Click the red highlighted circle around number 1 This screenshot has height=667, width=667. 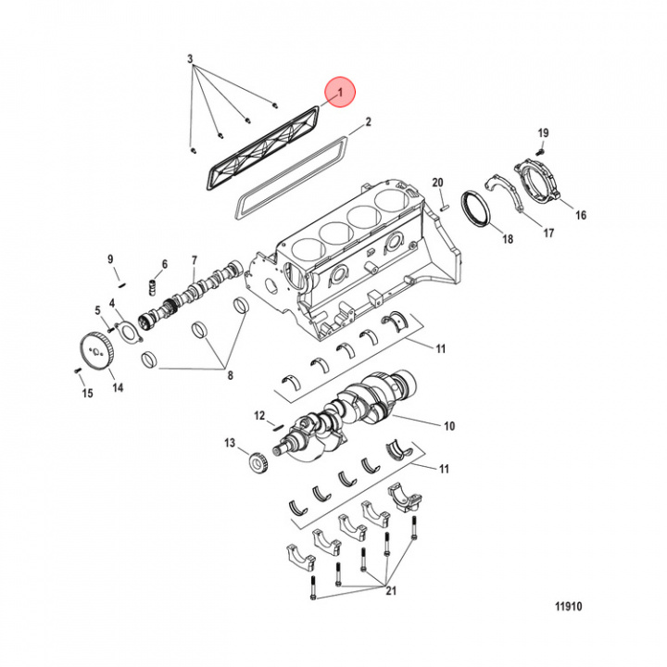[x=340, y=92]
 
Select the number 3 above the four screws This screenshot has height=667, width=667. [x=190, y=58]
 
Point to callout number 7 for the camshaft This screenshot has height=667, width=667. [x=194, y=260]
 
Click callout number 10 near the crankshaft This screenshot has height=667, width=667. [x=449, y=427]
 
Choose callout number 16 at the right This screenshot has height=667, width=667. [x=581, y=215]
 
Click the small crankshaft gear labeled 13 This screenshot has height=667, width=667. [x=258, y=460]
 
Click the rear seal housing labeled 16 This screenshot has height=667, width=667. [x=539, y=182]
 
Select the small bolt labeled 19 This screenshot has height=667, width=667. [x=544, y=148]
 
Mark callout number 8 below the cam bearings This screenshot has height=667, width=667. [x=230, y=375]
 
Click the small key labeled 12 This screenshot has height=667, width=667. [x=278, y=425]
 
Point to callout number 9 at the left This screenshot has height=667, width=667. [x=109, y=258]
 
